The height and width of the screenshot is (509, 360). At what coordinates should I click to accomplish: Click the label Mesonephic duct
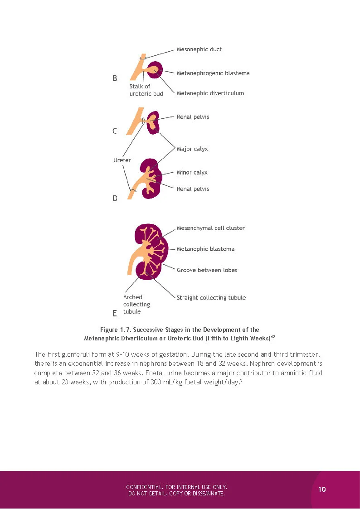pyautogui.click(x=199, y=49)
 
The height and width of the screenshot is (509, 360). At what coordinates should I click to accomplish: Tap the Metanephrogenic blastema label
pyautogui.click(x=213, y=73)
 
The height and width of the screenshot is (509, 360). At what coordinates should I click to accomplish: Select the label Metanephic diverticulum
pyautogui.click(x=210, y=93)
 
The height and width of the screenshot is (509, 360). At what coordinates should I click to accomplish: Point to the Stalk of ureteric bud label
pyautogui.click(x=146, y=90)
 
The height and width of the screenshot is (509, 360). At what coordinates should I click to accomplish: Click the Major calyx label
pyautogui.click(x=192, y=149)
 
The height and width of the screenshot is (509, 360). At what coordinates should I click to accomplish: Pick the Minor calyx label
pyautogui.click(x=192, y=173)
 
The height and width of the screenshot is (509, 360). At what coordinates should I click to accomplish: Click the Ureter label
pyautogui.click(x=122, y=160)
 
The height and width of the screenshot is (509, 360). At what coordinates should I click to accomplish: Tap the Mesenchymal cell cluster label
pyautogui.click(x=210, y=228)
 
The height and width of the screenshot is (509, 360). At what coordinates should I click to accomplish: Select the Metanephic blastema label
pyautogui.click(x=205, y=249)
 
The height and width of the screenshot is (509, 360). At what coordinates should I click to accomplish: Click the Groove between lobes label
pyautogui.click(x=207, y=270)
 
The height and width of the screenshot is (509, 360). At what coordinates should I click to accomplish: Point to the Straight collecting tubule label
pyautogui.click(x=211, y=298)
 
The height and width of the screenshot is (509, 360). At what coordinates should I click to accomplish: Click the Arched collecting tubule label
pyautogui.click(x=136, y=304)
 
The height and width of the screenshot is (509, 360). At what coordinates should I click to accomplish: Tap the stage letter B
pyautogui.click(x=115, y=78)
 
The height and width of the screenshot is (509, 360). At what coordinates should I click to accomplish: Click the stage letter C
pyautogui.click(x=115, y=131)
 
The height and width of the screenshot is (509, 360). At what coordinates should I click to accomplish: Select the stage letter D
pyautogui.click(x=115, y=199)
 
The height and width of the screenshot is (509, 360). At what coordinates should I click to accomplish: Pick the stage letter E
pyautogui.click(x=115, y=313)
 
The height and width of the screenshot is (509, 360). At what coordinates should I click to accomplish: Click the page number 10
pyautogui.click(x=322, y=490)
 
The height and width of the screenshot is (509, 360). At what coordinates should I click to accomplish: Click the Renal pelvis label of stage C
pyautogui.click(x=193, y=117)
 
